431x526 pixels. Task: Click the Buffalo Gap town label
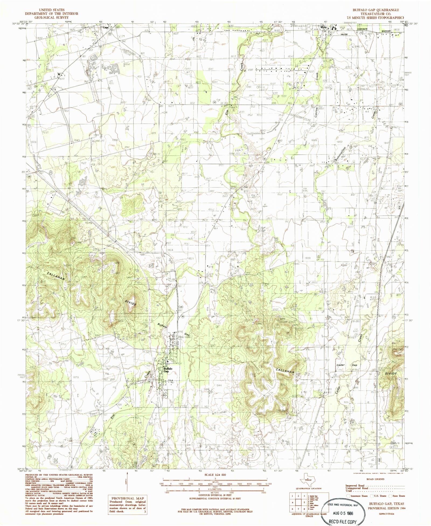(x=168, y=370)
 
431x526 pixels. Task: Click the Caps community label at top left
(x=105, y=27)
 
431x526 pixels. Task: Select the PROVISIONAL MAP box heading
(x=127, y=498)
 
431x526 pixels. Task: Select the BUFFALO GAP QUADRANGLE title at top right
(x=376, y=10)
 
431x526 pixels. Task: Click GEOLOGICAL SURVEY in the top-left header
(x=51, y=17)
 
